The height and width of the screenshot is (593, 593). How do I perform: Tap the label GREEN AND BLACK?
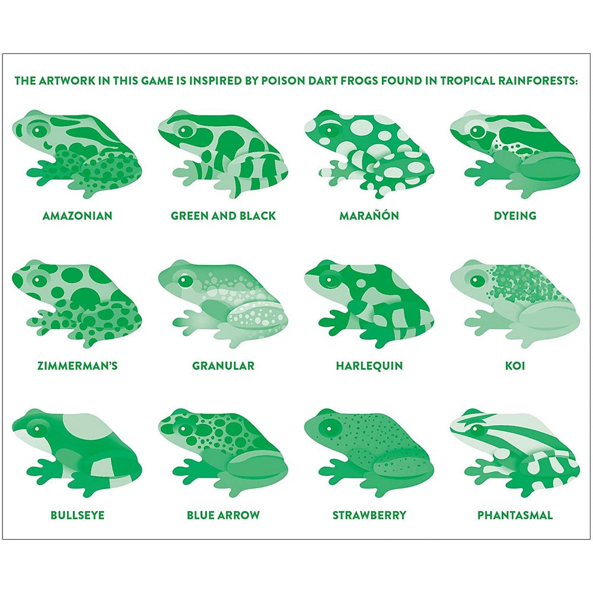(x=223, y=216)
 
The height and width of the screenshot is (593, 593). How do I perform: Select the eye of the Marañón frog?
(x=329, y=131)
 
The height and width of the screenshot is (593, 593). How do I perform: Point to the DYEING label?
(x=515, y=216)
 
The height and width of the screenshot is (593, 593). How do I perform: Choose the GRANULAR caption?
(x=223, y=365)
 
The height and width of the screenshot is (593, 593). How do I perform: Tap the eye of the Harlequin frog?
(x=329, y=280)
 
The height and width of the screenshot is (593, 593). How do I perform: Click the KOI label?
(x=515, y=365)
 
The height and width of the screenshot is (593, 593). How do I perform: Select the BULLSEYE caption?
(x=78, y=515)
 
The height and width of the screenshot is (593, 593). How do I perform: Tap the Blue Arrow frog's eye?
(x=183, y=429)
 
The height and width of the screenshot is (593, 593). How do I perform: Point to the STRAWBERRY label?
(x=369, y=515)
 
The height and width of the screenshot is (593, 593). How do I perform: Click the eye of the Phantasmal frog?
(x=477, y=429)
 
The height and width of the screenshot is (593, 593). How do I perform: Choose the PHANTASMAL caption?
(x=515, y=515)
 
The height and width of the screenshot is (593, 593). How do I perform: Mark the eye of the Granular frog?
(x=185, y=280)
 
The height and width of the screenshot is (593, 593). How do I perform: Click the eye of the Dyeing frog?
(x=477, y=131)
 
